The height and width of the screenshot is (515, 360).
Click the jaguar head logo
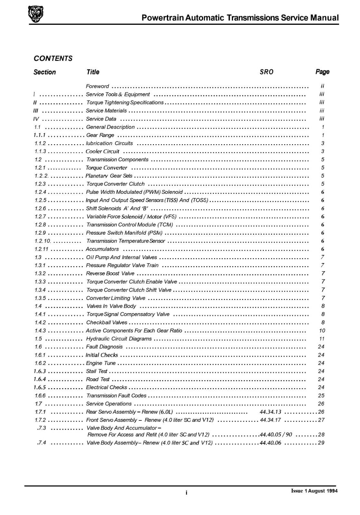35,14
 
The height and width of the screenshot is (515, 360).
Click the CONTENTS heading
53,59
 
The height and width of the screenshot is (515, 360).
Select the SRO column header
266,72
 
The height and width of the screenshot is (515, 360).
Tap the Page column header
322,72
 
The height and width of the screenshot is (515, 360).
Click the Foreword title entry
97,86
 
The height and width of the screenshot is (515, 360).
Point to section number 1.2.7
40,217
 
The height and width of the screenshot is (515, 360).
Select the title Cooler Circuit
102,151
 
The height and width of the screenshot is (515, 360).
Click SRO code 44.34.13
270,412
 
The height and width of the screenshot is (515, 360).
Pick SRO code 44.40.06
270,443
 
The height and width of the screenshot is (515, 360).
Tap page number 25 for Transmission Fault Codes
321,396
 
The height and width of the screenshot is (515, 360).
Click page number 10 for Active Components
322,331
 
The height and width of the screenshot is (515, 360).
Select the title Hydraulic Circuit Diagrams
119,339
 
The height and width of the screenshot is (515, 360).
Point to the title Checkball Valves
107,323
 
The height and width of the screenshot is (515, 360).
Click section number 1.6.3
40,371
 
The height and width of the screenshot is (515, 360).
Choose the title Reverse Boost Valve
110,274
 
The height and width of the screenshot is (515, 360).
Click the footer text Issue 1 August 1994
314,491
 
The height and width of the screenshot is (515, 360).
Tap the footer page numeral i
186,492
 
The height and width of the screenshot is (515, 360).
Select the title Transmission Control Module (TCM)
129,225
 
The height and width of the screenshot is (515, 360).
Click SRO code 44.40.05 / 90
276,435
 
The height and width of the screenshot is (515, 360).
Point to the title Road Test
98,379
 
